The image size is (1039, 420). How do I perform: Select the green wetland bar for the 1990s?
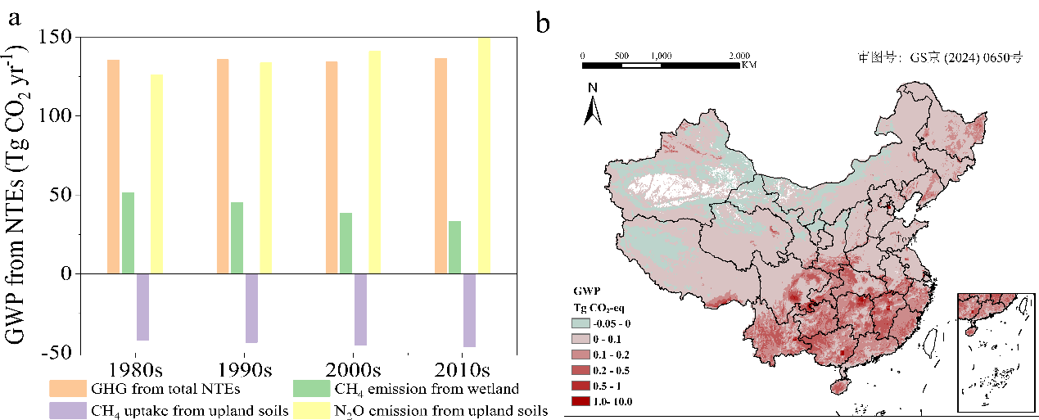[x=237, y=237]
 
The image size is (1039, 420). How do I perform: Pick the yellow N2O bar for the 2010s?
[x=484, y=156]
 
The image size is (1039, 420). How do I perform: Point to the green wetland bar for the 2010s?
[x=455, y=246]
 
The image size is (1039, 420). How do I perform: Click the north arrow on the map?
[x=593, y=106]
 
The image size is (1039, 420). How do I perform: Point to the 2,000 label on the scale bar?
[x=739, y=56]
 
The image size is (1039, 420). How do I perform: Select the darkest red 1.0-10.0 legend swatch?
[x=585, y=400]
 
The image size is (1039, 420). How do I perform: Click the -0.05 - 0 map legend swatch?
[x=585, y=323]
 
